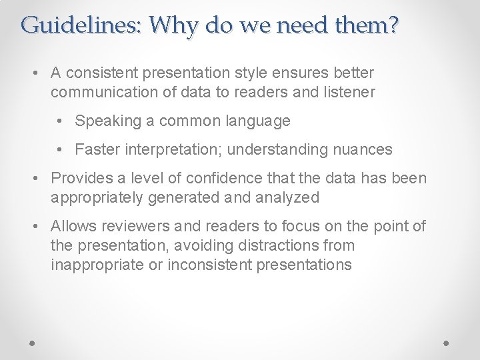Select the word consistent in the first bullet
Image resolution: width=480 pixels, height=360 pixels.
105,73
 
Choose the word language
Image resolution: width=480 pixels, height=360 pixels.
257,121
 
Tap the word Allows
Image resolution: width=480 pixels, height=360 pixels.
72,227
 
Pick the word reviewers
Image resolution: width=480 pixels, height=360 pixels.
129,227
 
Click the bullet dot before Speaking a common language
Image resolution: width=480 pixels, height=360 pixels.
61,121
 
